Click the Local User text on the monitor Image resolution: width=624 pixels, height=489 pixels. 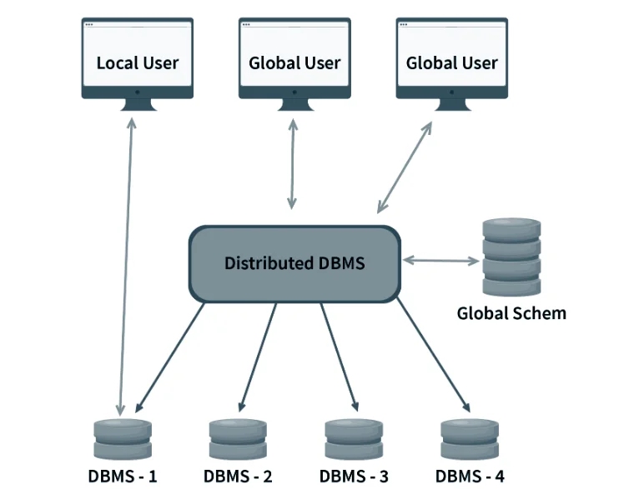pyautogui.click(x=137, y=62)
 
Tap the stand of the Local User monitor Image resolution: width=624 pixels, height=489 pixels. pyautogui.click(x=137, y=103)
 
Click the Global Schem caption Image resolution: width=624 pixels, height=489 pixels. pyautogui.click(x=511, y=313)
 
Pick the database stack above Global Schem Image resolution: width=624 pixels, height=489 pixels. pyautogui.click(x=511, y=257)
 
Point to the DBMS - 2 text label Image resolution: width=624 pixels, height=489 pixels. pyautogui.click(x=238, y=477)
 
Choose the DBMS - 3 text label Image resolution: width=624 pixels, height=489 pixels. pyautogui.click(x=354, y=477)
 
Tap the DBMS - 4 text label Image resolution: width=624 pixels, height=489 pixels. pyautogui.click(x=470, y=477)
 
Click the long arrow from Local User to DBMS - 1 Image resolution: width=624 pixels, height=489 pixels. pyautogui.click(x=126, y=267)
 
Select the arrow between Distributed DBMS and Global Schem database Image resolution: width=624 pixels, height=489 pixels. pyautogui.click(x=441, y=261)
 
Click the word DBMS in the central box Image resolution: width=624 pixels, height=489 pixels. pyautogui.click(x=342, y=263)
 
